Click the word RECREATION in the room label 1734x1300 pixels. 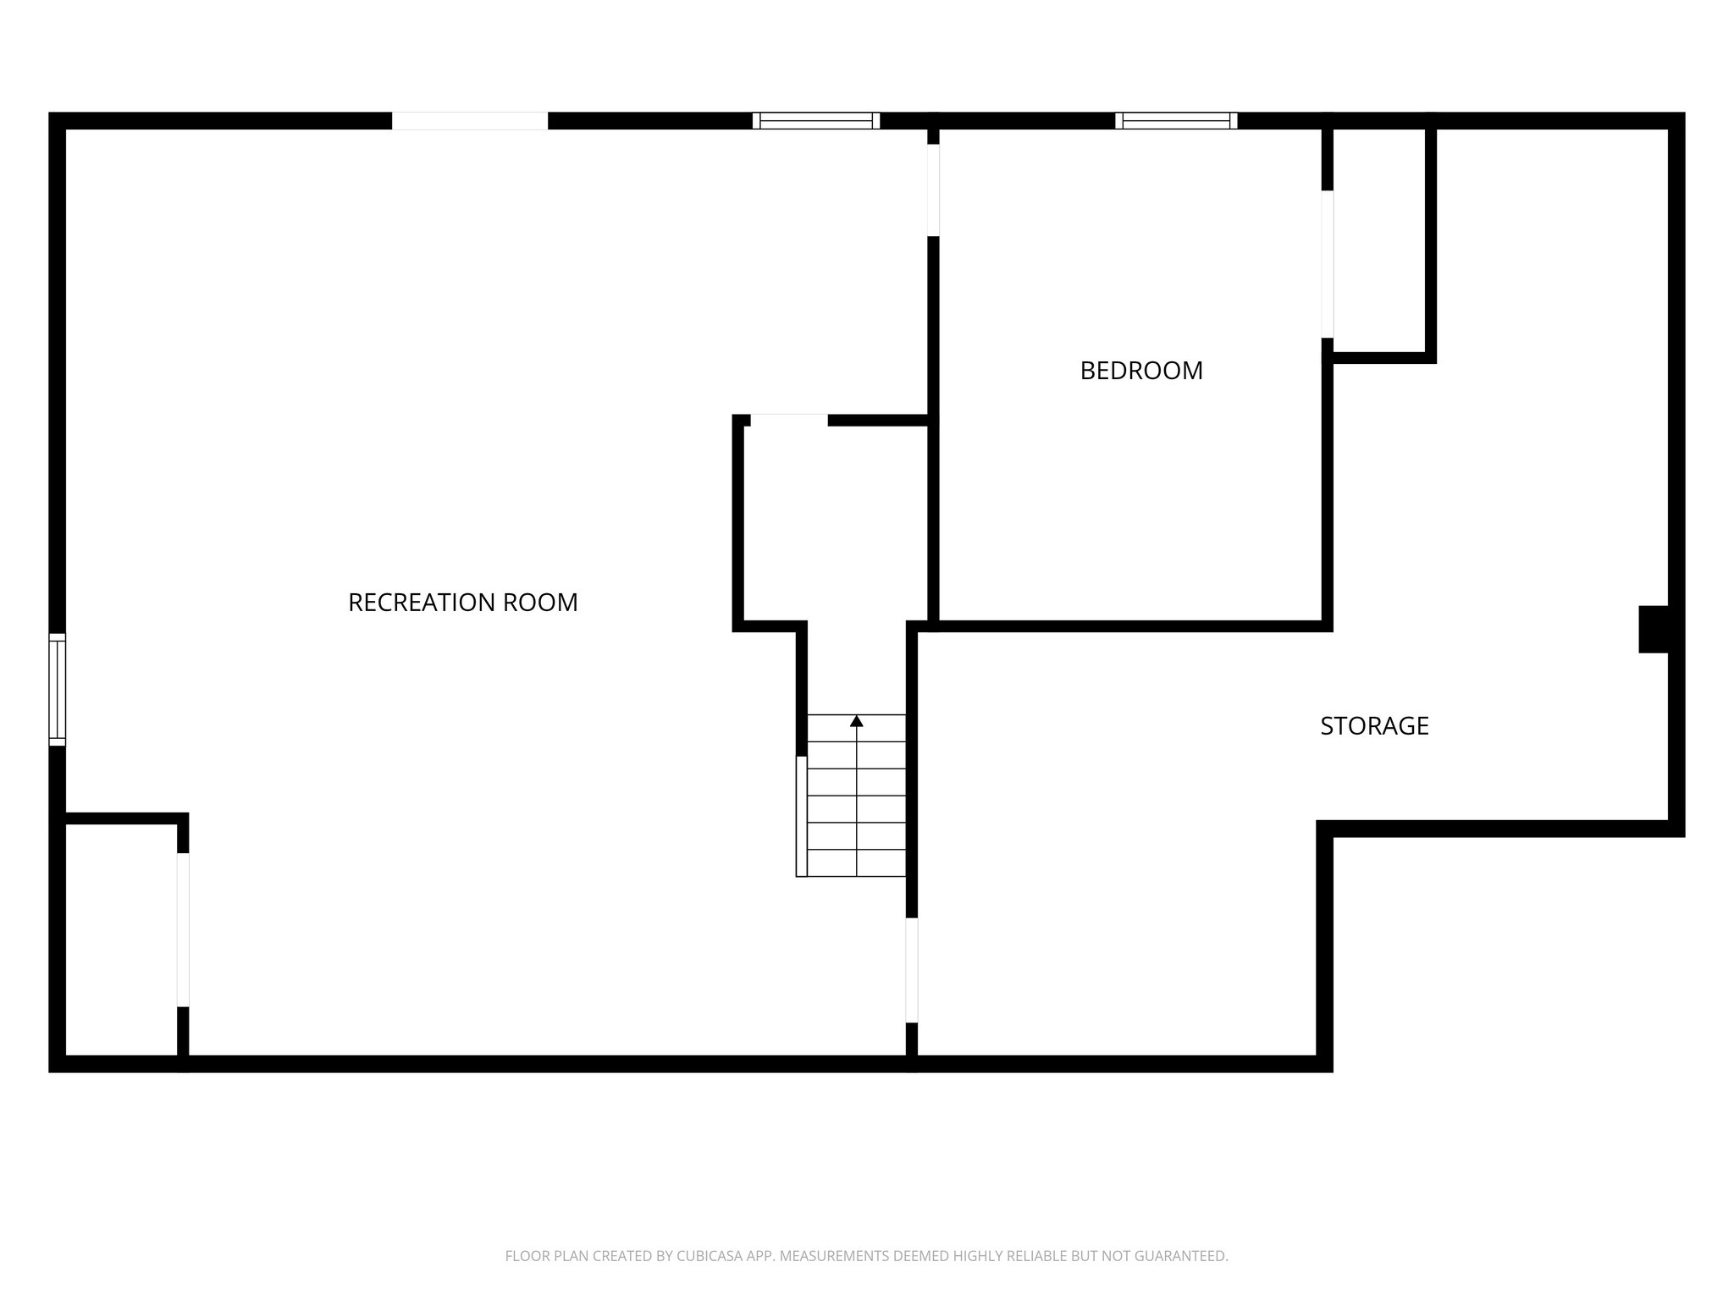[x=422, y=603]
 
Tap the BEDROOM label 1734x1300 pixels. [x=1140, y=371]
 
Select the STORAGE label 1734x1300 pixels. [x=1374, y=726]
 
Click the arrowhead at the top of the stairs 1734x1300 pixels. [x=857, y=721]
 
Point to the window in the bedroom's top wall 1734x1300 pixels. [x=1176, y=121]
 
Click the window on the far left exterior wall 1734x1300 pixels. [x=57, y=689]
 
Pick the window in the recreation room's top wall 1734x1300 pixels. [x=816, y=121]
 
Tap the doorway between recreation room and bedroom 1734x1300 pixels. [x=933, y=190]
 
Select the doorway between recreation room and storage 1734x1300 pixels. [x=912, y=970]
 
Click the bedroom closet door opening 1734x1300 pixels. [x=1328, y=264]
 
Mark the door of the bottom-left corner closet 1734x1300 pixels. [x=183, y=929]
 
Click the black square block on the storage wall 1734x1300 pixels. [x=1654, y=629]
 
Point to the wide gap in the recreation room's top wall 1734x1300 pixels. [x=470, y=121]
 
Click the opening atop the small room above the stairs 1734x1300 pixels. [x=789, y=420]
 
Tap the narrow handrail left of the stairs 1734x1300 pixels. [x=801, y=816]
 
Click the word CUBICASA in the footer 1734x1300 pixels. [x=708, y=1256]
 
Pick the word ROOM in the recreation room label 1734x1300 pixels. [x=540, y=603]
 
